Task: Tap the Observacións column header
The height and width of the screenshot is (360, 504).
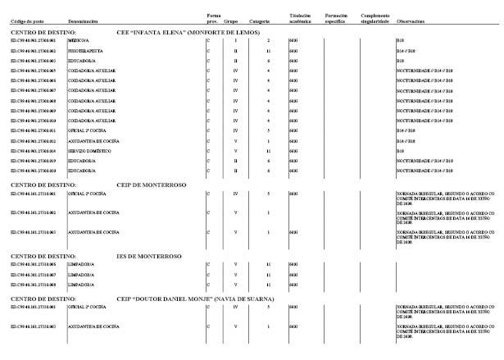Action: pyautogui.click(x=411, y=19)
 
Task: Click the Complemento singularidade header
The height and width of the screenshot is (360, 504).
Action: pyautogui.click(x=375, y=16)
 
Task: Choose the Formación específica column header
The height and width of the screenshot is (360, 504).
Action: pyautogui.click(x=338, y=16)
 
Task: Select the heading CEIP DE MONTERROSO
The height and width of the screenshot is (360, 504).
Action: pyautogui.click(x=152, y=185)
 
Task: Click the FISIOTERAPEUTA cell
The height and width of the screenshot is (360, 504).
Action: pyautogui.click(x=84, y=51)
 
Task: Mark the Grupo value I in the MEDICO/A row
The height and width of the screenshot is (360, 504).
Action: pyautogui.click(x=235, y=39)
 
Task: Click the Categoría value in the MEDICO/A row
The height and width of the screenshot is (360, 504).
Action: pyautogui.click(x=269, y=39)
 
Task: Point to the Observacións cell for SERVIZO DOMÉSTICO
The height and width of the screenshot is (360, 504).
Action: pyautogui.click(x=400, y=151)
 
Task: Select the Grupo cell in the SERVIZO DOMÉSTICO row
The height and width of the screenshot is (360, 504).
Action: pyautogui.click(x=235, y=151)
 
